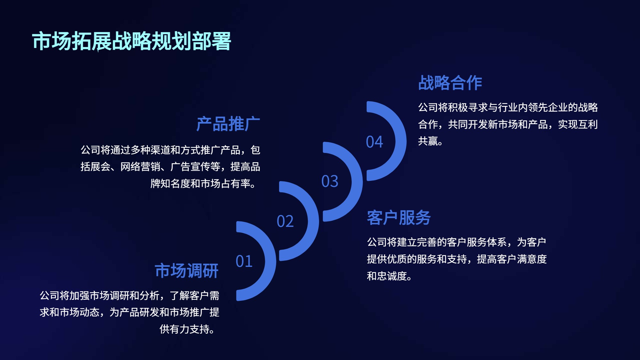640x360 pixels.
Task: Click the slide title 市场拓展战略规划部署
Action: tap(132, 41)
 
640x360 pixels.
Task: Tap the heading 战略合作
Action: tap(450, 83)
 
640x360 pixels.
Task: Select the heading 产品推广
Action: tap(228, 124)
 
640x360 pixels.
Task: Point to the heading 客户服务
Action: tap(399, 218)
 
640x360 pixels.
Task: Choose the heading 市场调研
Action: tap(187, 271)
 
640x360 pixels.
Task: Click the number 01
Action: tap(244, 261)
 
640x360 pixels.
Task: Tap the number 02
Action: tap(285, 221)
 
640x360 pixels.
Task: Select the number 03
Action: tap(330, 181)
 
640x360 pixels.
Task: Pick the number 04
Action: tap(374, 142)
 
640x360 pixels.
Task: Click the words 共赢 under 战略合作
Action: tap(428, 141)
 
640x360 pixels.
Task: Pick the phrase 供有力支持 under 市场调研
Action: tap(184, 329)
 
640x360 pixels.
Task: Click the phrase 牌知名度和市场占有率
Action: tap(200, 183)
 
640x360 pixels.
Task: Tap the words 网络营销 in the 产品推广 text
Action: tap(140, 166)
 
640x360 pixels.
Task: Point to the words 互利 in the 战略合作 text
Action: tap(588, 124)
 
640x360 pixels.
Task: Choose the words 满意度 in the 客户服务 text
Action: tap(532, 259)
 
